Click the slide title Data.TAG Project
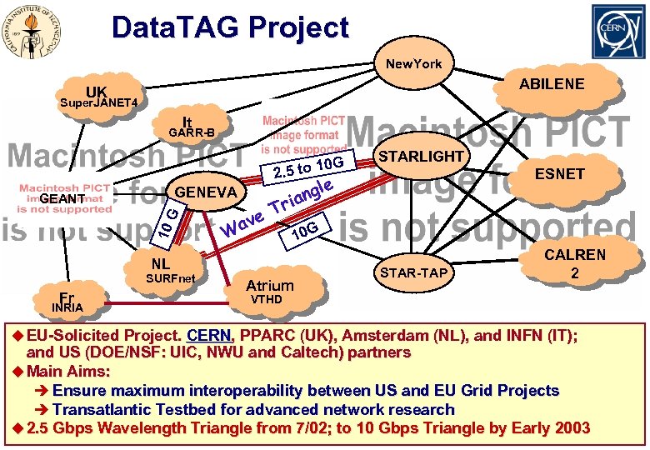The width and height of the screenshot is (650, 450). click(230, 27)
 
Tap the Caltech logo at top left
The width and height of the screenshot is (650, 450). click(35, 32)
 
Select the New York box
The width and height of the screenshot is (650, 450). click(413, 63)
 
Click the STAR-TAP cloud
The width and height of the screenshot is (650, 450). click(413, 272)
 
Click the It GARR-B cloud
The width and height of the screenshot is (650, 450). click(191, 127)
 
